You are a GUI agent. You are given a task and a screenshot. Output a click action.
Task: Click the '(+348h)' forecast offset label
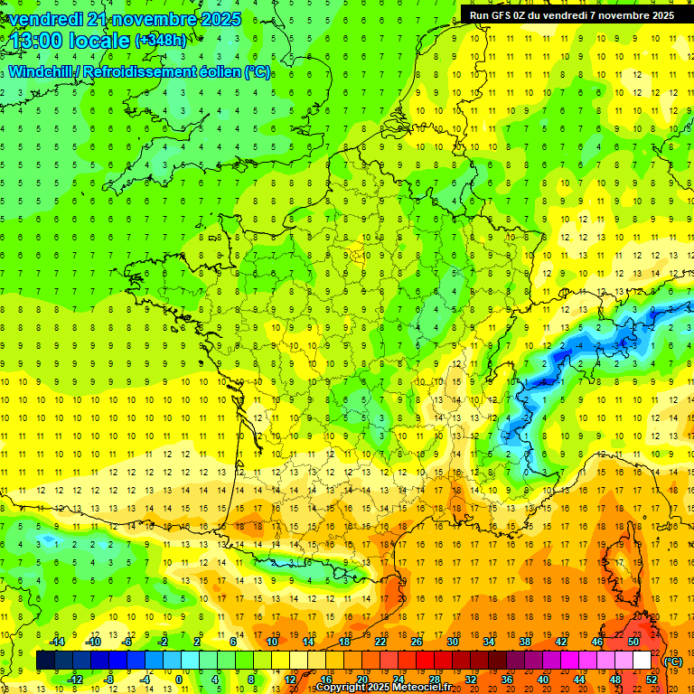161,41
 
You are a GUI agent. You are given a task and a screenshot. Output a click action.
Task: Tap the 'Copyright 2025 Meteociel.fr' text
383,688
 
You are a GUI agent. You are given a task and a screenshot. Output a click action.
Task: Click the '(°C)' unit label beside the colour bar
673,661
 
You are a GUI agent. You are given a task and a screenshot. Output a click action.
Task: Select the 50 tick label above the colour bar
633,642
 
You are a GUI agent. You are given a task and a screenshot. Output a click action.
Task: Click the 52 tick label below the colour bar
652,680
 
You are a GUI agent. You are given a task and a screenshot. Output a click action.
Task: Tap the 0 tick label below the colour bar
179,680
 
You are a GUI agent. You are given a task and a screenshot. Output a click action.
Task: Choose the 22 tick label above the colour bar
380,642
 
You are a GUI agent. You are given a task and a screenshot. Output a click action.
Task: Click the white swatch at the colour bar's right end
642,661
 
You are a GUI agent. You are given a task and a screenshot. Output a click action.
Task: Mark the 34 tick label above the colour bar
489,642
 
